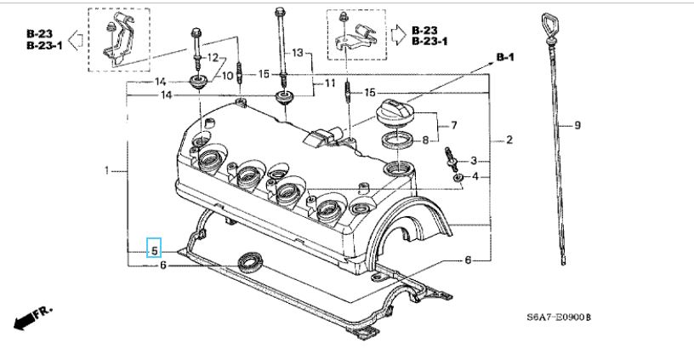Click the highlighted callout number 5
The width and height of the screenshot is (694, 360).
[154, 251]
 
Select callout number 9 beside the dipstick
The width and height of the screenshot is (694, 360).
[577, 126]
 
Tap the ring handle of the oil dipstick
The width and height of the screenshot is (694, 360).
[549, 27]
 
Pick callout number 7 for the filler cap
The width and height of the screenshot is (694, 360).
[453, 126]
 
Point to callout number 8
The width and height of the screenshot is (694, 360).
[425, 140]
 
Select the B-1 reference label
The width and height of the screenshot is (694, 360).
[505, 58]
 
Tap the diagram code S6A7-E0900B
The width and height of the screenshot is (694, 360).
[559, 317]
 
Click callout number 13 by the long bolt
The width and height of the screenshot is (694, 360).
[297, 53]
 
